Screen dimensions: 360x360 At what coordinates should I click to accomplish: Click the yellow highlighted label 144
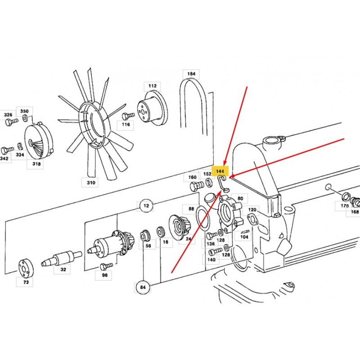(220, 171)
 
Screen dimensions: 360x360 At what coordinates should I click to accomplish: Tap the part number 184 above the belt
(191, 74)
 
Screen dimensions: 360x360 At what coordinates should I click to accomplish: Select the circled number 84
(143, 287)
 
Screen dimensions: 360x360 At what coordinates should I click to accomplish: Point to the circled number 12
(146, 206)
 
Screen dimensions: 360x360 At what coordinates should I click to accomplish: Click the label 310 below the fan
(91, 183)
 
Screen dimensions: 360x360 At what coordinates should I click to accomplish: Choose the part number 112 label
(153, 86)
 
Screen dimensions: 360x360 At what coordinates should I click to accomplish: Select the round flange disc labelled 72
(26, 268)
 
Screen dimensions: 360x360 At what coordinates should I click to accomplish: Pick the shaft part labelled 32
(62, 258)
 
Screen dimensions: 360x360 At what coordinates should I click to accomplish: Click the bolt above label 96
(106, 266)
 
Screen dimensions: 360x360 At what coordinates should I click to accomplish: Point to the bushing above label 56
(145, 235)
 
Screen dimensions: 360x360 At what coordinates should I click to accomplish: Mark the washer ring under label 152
(209, 183)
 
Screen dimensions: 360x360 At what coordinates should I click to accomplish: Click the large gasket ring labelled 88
(203, 218)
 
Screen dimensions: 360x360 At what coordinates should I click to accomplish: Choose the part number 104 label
(244, 237)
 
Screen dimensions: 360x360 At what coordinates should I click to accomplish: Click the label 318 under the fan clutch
(36, 164)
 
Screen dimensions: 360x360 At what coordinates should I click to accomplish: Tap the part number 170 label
(344, 206)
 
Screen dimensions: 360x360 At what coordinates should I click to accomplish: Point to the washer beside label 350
(25, 118)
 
